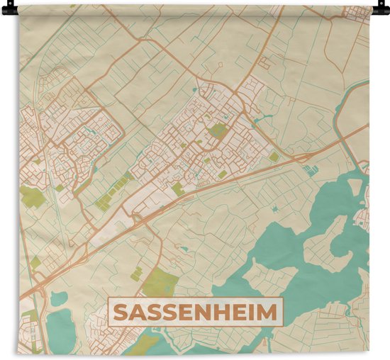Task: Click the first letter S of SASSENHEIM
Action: click(121, 312)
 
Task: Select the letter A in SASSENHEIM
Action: click(138, 312)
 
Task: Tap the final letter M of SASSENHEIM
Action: click(269, 312)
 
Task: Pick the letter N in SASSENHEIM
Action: click(204, 312)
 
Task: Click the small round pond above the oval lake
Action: click(58, 298)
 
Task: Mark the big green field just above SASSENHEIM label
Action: click(160, 283)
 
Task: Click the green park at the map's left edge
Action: click(31, 197)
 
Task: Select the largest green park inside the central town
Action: click(217, 130)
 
